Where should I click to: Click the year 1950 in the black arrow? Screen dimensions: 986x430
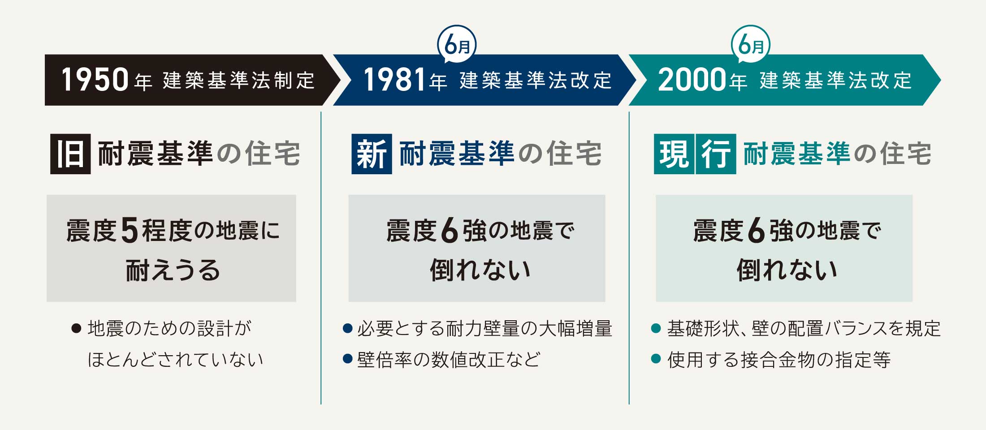[x=95, y=80]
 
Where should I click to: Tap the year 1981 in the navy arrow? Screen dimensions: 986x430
[x=394, y=80]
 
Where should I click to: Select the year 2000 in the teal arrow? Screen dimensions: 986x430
[x=692, y=80]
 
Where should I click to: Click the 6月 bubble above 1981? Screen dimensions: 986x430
[x=457, y=45]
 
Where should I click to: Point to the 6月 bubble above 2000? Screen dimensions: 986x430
[x=751, y=45]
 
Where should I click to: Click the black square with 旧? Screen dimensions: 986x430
[x=70, y=154]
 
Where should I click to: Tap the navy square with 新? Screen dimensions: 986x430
[x=372, y=154]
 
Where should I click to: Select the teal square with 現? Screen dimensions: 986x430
[x=674, y=154]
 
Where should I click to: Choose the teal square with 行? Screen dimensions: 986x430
[x=716, y=154]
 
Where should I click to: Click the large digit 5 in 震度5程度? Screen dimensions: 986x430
[x=130, y=231]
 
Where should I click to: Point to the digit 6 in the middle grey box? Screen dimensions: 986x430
[x=450, y=231]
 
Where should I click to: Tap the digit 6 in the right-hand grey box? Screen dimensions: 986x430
[x=757, y=231]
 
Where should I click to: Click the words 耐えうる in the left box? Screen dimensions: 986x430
[x=173, y=270]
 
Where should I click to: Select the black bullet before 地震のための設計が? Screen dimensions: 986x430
[x=76, y=329]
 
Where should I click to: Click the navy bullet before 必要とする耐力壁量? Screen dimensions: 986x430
[x=347, y=328]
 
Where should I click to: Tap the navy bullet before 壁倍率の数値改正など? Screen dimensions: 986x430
[x=347, y=359]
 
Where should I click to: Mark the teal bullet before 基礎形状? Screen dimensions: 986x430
[x=656, y=328]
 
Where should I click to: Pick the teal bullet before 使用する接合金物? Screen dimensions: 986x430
[x=656, y=359]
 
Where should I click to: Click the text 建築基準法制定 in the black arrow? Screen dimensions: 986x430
[x=239, y=81]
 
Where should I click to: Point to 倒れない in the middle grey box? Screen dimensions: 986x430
[x=480, y=270]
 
